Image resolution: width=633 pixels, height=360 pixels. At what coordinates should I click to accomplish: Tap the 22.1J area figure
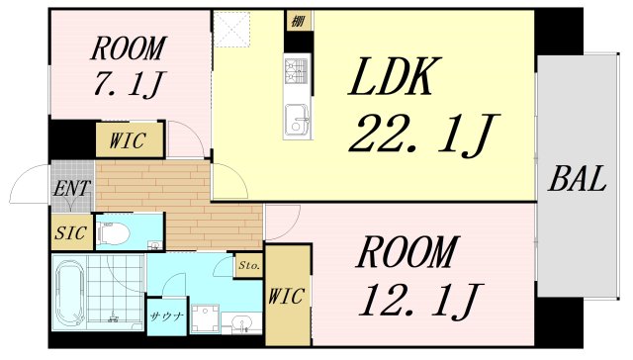[421, 136]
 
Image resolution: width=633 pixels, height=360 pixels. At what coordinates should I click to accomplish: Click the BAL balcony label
[578, 181]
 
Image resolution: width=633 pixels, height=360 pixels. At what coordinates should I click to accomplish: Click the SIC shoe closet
[68, 234]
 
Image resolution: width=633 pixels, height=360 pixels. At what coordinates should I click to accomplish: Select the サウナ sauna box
[165, 317]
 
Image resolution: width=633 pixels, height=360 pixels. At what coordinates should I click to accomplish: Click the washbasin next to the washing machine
[242, 322]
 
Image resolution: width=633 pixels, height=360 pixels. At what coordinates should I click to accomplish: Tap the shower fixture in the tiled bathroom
[115, 316]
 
